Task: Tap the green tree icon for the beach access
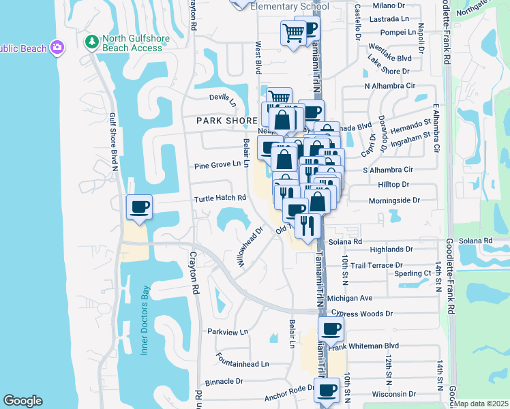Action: click(91, 42)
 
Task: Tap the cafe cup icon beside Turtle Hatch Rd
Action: click(140, 207)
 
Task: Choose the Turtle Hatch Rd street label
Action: click(220, 198)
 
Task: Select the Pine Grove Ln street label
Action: click(217, 164)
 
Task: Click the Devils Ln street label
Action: click(222, 100)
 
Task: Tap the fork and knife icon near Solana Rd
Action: click(307, 225)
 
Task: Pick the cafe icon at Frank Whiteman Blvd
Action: click(331, 329)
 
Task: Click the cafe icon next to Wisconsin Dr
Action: click(327, 390)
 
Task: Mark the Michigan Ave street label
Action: click(349, 298)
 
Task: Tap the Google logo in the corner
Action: click(22, 401)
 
